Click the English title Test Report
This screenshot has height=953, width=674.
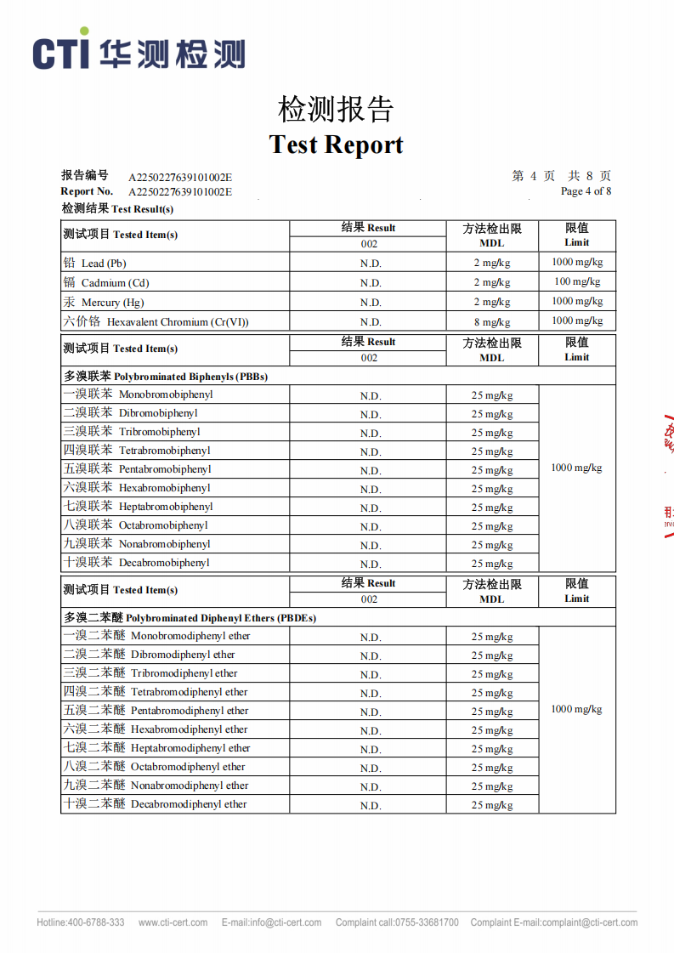(337, 144)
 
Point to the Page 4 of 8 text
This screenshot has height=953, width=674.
(586, 191)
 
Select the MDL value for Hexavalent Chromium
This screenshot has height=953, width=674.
(492, 322)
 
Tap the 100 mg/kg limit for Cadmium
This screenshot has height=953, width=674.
(577, 281)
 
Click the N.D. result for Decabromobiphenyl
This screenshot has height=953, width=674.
(371, 564)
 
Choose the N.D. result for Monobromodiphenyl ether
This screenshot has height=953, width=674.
(371, 638)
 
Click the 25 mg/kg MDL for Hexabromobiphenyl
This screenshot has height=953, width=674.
(492, 489)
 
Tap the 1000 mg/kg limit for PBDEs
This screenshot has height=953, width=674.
(576, 709)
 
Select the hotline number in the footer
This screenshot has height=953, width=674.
(81, 922)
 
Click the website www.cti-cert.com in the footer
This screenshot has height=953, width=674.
(173, 922)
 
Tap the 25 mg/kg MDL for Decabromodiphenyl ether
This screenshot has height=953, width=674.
(492, 805)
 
